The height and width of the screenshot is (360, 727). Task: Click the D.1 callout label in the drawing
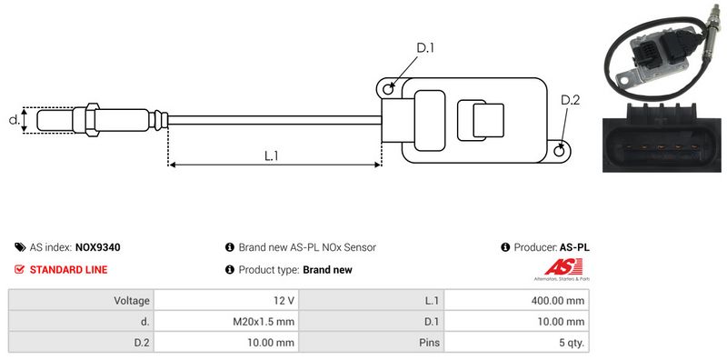click(x=424, y=48)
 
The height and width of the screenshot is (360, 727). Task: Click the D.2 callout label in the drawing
click(x=571, y=100)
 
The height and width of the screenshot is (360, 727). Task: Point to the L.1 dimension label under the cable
click(x=271, y=155)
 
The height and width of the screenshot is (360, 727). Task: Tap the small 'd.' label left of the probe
click(x=15, y=120)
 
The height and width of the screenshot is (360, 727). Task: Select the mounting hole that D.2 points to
click(x=560, y=150)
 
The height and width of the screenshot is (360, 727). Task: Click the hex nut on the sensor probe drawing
click(x=93, y=119)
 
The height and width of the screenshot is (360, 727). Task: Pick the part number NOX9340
click(x=98, y=247)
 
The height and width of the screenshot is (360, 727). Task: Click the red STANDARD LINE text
click(x=69, y=269)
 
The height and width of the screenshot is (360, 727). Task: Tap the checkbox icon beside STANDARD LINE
click(x=19, y=269)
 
